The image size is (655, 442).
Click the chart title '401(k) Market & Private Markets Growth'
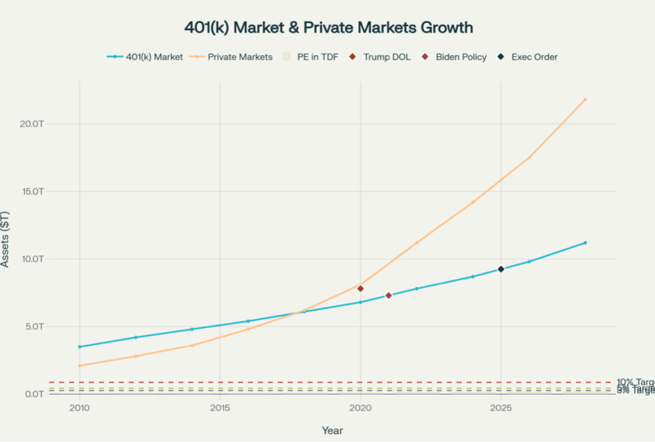328,27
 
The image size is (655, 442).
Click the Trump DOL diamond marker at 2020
361,289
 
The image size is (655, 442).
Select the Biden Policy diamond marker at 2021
388,295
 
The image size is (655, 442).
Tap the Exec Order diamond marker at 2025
501,269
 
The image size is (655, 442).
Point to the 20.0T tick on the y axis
31,124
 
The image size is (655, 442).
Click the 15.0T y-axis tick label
31,192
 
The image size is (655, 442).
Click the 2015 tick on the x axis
220,408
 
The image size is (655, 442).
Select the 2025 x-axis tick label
501,408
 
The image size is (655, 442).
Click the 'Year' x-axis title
332,431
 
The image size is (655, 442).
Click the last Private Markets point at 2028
585,100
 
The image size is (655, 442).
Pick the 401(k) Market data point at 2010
79,347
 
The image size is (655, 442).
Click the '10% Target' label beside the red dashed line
635,382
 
